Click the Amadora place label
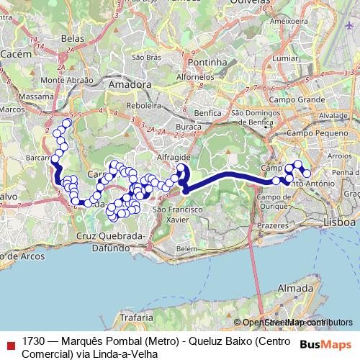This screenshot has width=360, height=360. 130,84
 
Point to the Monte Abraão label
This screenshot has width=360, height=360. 66,79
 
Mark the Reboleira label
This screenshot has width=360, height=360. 143,104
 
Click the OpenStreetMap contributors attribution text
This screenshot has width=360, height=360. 297,323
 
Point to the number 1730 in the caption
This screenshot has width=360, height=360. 33,340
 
